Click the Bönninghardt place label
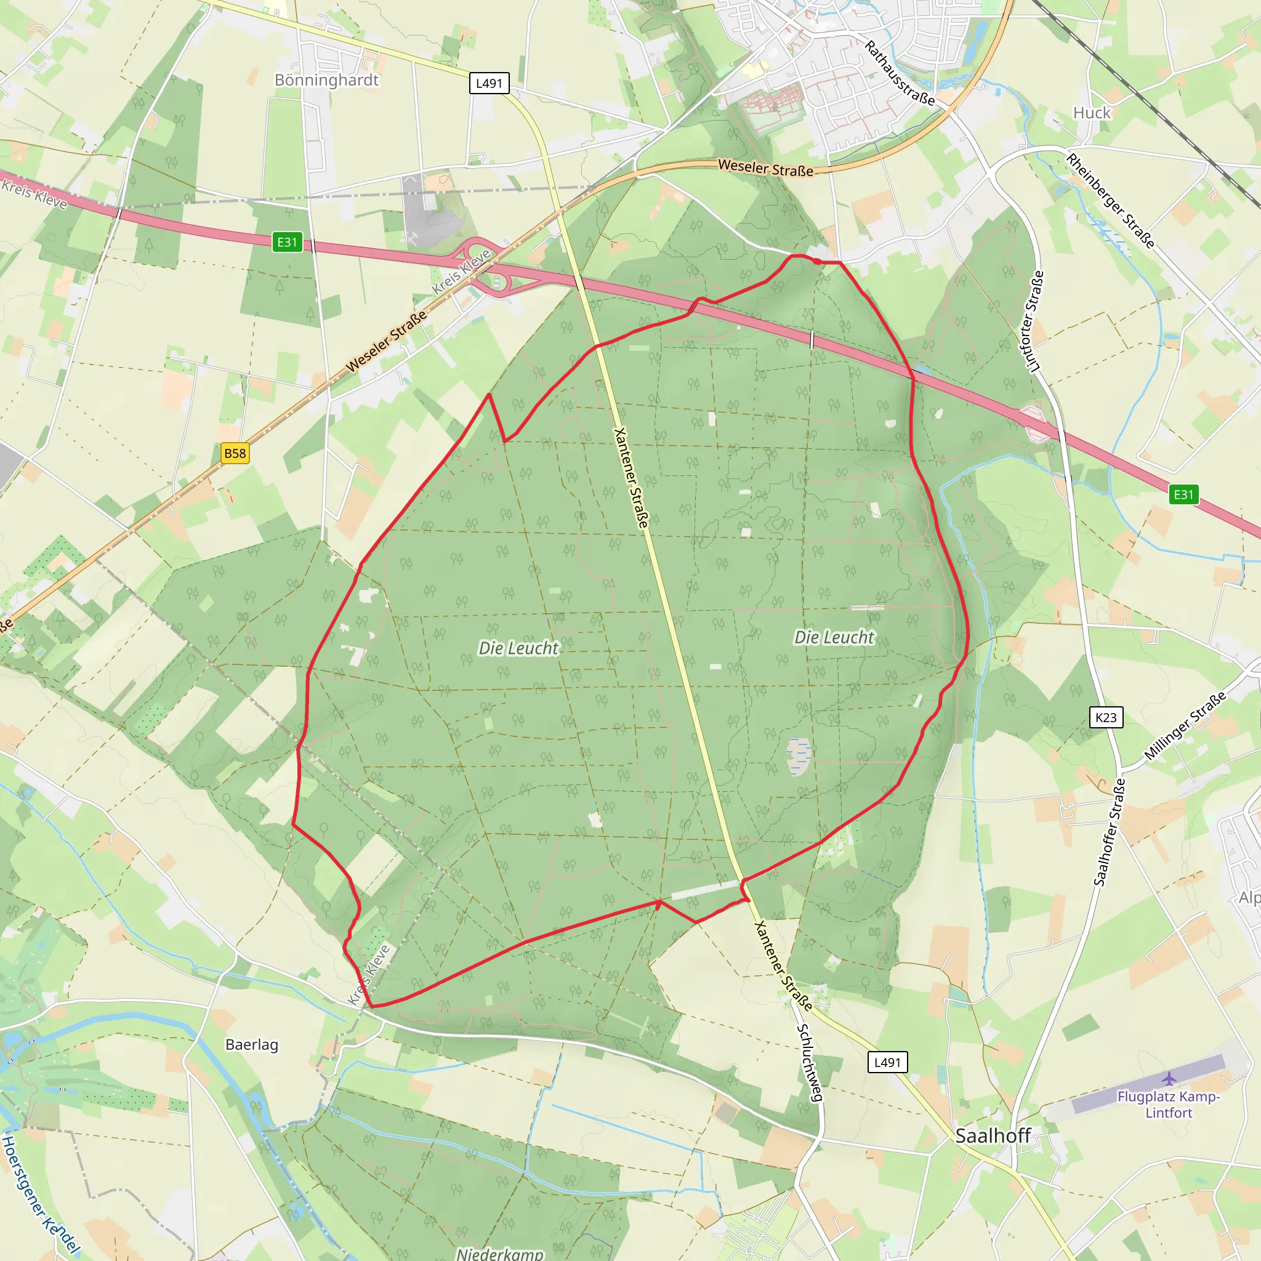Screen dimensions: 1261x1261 pyautogui.click(x=326, y=80)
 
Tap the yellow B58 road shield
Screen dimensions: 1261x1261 pyautogui.click(x=235, y=454)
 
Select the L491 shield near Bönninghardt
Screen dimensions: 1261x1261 pyautogui.click(x=489, y=84)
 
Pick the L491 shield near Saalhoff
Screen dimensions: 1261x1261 pyautogui.click(x=887, y=1062)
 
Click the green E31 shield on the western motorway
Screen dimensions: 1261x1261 pyautogui.click(x=287, y=242)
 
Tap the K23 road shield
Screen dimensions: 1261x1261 pyautogui.click(x=1106, y=717)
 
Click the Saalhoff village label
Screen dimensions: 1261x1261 pyautogui.click(x=993, y=1135)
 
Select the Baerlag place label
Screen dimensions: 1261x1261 pyautogui.click(x=252, y=1044)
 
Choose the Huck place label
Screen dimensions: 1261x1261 pyautogui.click(x=1092, y=113)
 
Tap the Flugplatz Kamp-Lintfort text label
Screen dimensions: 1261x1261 pyautogui.click(x=1168, y=1105)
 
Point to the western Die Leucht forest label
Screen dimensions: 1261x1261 pyautogui.click(x=518, y=648)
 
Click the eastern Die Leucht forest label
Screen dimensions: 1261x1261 pyautogui.click(x=834, y=637)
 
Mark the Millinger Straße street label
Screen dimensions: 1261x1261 pyautogui.click(x=1185, y=727)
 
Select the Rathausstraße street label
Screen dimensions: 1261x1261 pyautogui.click(x=900, y=73)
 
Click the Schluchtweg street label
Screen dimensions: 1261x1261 pyautogui.click(x=809, y=1063)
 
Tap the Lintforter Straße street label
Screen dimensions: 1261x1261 pyautogui.click(x=1034, y=321)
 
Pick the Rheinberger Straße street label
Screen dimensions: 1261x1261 pyautogui.click(x=1110, y=200)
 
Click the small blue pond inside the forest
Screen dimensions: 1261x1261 pyautogui.click(x=799, y=757)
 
